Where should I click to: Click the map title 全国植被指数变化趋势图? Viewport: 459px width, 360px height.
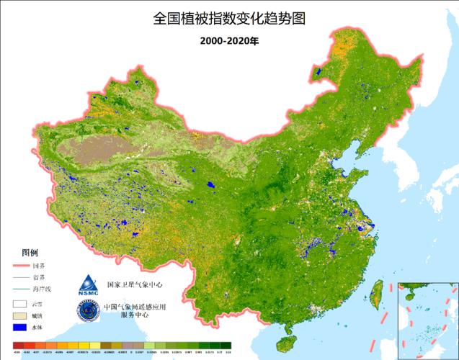(229, 18)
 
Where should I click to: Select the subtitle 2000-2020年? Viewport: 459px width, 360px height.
(229, 40)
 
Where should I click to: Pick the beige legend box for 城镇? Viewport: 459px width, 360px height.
(19, 315)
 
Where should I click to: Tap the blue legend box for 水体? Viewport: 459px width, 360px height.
(19, 328)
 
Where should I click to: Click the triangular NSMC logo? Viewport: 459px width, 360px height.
(86, 284)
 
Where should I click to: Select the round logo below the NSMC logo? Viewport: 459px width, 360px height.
(86, 311)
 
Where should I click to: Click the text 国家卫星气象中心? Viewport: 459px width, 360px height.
(135, 284)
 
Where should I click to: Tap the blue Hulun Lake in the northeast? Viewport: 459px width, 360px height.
(318, 72)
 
